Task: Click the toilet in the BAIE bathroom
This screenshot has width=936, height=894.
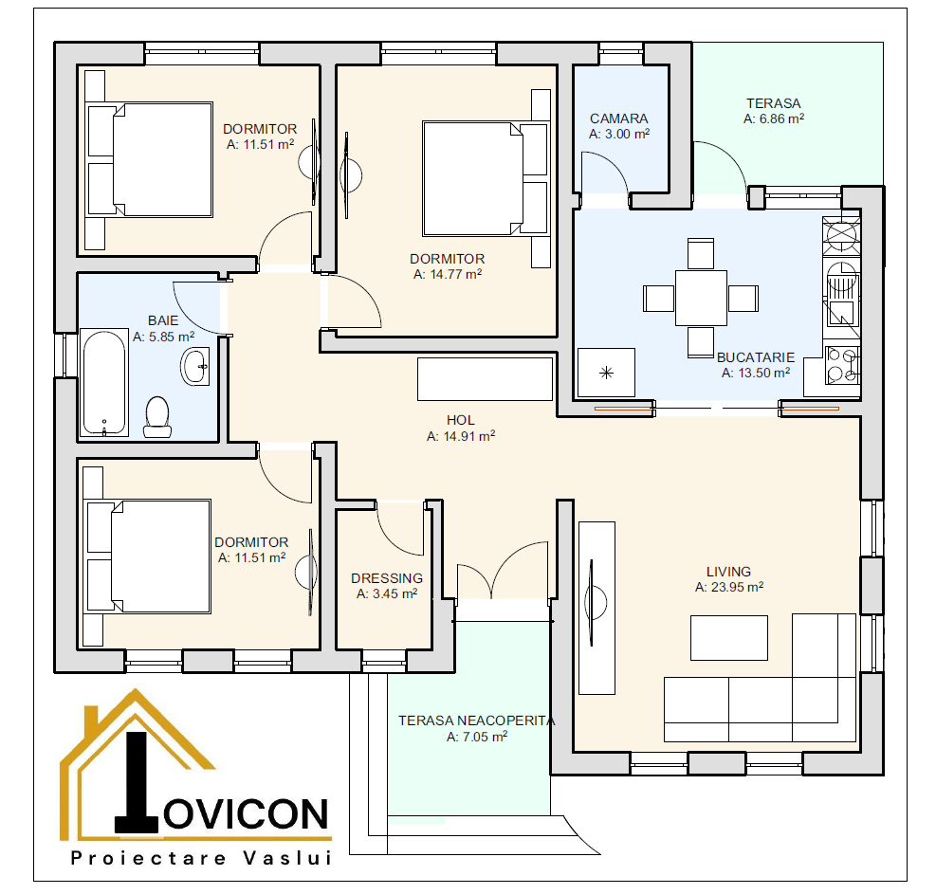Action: pyautogui.click(x=157, y=417)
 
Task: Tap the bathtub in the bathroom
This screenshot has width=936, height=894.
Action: pyautogui.click(x=104, y=382)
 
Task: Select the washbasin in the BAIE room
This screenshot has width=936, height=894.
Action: pyautogui.click(x=195, y=366)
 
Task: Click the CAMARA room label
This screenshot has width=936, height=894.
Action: pyautogui.click(x=619, y=119)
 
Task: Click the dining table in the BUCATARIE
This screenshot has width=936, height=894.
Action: pyautogui.click(x=702, y=298)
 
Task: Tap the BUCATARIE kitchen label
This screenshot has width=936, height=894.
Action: pyautogui.click(x=756, y=356)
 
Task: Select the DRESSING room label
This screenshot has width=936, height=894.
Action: pyautogui.click(x=387, y=578)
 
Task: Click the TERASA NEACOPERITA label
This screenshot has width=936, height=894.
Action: pyautogui.click(x=477, y=721)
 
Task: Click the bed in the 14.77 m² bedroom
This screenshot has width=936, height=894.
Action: pyautogui.click(x=486, y=178)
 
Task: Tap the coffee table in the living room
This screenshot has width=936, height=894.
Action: pyautogui.click(x=729, y=638)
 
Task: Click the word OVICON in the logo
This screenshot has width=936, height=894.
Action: pyautogui.click(x=246, y=814)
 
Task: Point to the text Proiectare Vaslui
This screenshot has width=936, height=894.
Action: pyautogui.click(x=201, y=858)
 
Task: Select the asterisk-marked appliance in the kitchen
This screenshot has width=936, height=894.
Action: pyautogui.click(x=607, y=373)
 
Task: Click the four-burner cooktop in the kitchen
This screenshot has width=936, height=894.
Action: pyautogui.click(x=842, y=365)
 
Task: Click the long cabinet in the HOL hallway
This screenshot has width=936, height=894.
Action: pyautogui.click(x=485, y=379)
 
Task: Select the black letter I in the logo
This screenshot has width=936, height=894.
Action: pyautogui.click(x=137, y=782)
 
